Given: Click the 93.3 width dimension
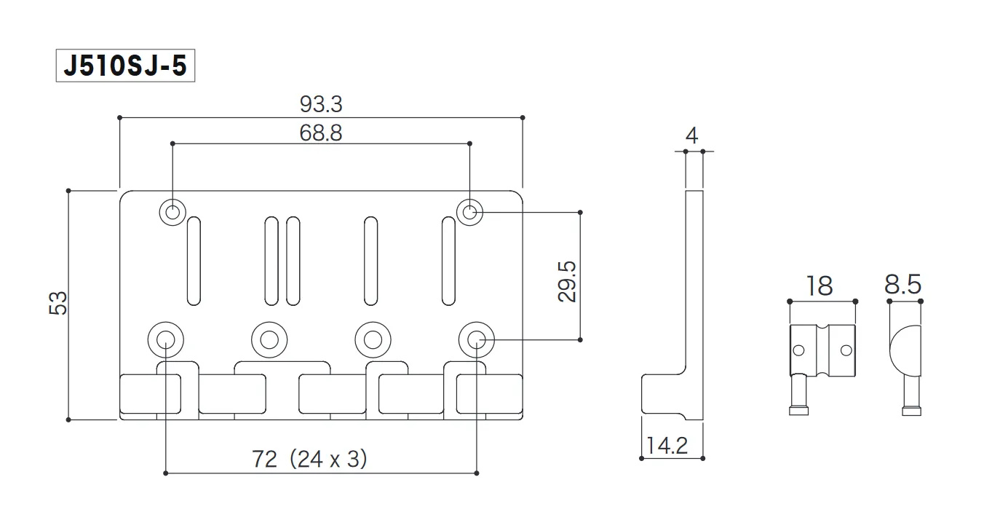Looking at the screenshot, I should (x=321, y=105).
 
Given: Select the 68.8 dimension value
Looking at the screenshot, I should (x=321, y=133).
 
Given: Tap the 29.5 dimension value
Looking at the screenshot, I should (x=567, y=282).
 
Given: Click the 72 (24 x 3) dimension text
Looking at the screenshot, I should (x=309, y=459).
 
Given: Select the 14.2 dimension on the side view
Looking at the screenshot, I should (x=667, y=445).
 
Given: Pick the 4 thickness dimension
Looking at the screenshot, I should (x=692, y=135).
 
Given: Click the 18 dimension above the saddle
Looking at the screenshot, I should (x=820, y=285).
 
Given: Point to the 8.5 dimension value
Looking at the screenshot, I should (x=903, y=285).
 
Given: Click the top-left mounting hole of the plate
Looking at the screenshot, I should (x=172, y=213).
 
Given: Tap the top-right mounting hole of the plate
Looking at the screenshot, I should (x=470, y=213).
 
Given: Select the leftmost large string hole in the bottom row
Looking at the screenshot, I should (x=165, y=338).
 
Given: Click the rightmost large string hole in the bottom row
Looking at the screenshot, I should (x=476, y=338).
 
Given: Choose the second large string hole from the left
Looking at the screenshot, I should (x=269, y=338).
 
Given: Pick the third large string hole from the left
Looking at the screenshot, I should (x=373, y=338).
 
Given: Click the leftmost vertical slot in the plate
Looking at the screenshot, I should (x=194, y=261).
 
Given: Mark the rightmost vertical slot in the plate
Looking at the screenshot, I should (x=449, y=261).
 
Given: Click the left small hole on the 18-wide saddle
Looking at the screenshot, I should (x=799, y=350).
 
